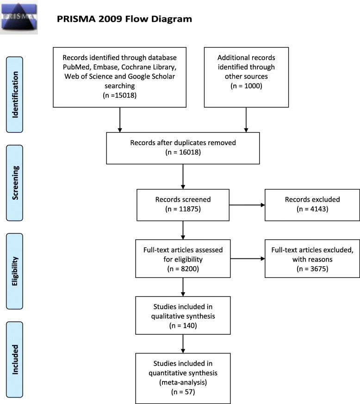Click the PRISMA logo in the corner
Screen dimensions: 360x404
(19, 17)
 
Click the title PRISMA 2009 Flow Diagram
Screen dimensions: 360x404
(124, 19)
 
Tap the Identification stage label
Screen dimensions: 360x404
(15, 95)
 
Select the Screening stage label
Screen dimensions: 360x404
(15, 183)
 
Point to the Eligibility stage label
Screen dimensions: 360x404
(15, 271)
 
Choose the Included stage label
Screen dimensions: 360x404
(15, 360)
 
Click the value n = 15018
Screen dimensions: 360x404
(120, 95)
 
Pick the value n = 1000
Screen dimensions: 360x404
(246, 86)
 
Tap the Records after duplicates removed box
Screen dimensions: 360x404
(183, 148)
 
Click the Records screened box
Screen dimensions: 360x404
(183, 205)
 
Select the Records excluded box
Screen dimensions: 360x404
(312, 205)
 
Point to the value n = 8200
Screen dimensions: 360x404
(183, 269)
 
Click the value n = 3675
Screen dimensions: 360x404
(312, 269)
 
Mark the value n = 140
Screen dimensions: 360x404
(183, 326)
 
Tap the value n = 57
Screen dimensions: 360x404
(183, 392)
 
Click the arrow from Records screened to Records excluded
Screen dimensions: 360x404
(247, 205)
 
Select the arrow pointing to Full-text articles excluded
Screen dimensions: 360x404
(248, 259)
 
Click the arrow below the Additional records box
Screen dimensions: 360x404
(246, 120)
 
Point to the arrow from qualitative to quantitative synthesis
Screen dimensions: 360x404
(183, 344)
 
